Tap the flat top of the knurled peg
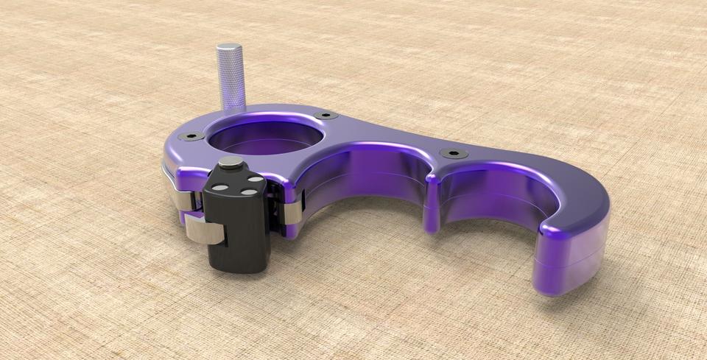pyautogui.click(x=229, y=49)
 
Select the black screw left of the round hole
pyautogui.click(x=193, y=137)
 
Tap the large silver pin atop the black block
pyautogui.click(x=231, y=163)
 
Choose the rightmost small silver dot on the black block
pyautogui.click(x=254, y=179)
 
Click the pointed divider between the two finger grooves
pyautogui.click(x=432, y=210)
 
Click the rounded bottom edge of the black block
pyautogui.click(x=236, y=267)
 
